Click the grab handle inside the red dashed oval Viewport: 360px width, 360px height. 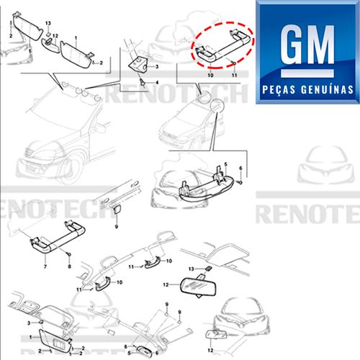[x=220, y=48]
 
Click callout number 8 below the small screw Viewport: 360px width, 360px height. [x=71, y=266]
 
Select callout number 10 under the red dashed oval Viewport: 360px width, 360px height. [x=212, y=74]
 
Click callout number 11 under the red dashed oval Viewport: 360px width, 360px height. [x=235, y=73]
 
